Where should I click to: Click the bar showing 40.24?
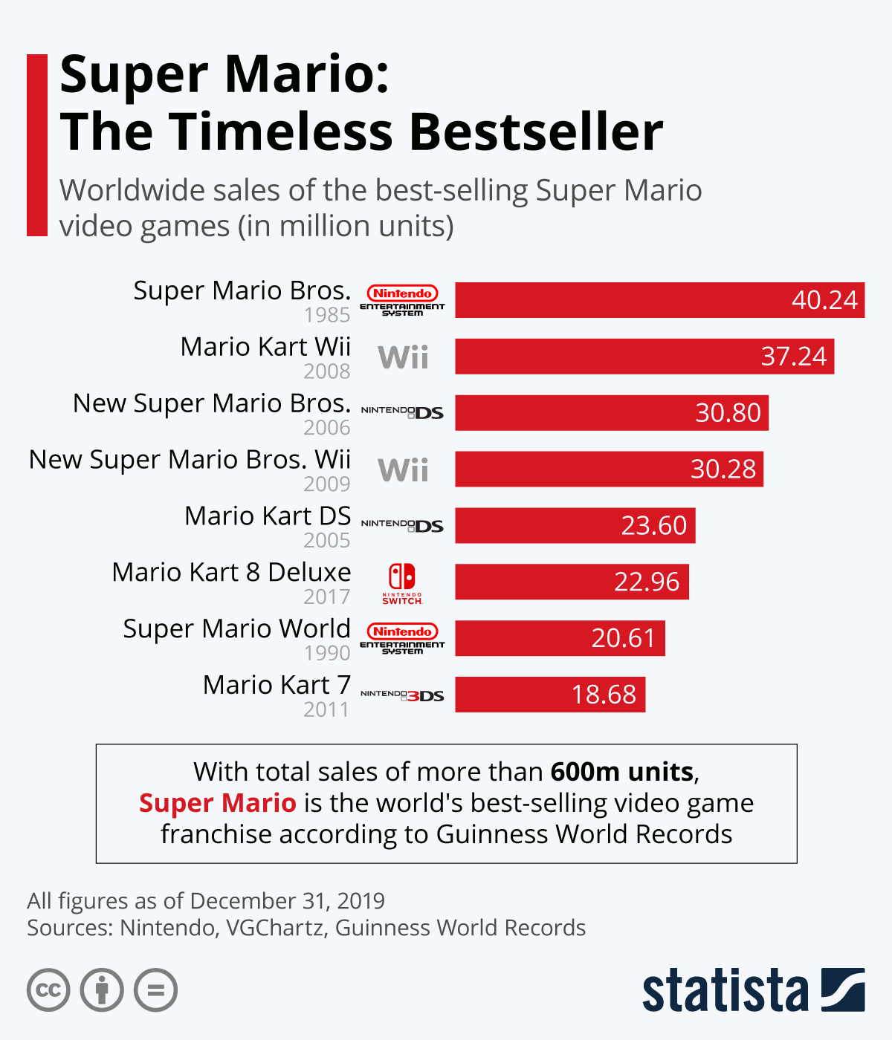pyautogui.click(x=659, y=300)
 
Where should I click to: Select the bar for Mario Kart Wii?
pyautogui.click(x=644, y=357)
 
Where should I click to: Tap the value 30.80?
pyautogui.click(x=728, y=413)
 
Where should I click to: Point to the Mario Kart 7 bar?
pyautogui.click(x=550, y=695)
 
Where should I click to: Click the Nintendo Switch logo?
pyautogui.click(x=402, y=582)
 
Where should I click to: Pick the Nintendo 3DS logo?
pyautogui.click(x=402, y=695)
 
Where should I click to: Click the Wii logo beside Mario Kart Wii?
pyautogui.click(x=403, y=357)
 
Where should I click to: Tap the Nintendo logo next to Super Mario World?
pyautogui.click(x=402, y=637)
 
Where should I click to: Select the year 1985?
pyautogui.click(x=326, y=315)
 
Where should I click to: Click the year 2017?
pyautogui.click(x=326, y=597)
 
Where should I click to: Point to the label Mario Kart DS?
pyautogui.click(x=268, y=516)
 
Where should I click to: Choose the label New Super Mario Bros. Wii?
pyautogui.click(x=190, y=459)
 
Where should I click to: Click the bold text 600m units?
pyautogui.click(x=621, y=772)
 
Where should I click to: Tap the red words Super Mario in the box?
pyautogui.click(x=218, y=803)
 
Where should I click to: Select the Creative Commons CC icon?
pyautogui.click(x=48, y=990)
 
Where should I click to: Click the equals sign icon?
pyautogui.click(x=156, y=990)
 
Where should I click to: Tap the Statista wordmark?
pyautogui.click(x=725, y=990)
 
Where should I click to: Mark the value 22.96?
pyautogui.click(x=646, y=582)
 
